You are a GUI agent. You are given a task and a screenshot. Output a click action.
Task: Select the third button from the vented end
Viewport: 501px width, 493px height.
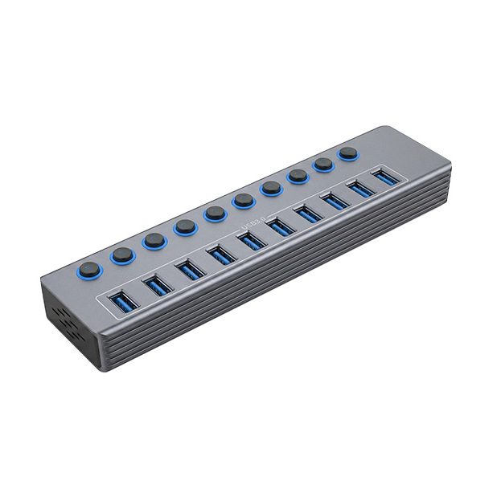click(152, 239)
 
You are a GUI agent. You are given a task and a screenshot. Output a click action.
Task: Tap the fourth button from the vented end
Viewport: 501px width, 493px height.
click(184, 226)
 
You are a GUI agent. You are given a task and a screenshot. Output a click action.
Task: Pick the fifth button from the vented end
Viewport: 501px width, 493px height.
click(214, 213)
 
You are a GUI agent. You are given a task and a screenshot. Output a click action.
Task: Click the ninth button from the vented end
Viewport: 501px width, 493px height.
click(323, 163)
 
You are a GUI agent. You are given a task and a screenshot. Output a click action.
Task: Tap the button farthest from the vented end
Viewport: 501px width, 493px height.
click(348, 153)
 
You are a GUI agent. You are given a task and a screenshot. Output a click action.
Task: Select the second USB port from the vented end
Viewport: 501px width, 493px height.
click(155, 283)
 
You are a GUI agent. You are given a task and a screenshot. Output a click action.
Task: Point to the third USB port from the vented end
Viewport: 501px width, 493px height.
click(189, 268)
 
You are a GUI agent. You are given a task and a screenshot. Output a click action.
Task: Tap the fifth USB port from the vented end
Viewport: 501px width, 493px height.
click(250, 239)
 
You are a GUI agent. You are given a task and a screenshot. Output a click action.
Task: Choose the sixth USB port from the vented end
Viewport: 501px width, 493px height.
click(278, 226)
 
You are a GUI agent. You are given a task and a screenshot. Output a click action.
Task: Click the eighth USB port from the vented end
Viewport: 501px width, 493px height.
click(333, 201)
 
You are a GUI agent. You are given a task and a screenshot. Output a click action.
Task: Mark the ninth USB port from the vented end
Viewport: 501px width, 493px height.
click(358, 189)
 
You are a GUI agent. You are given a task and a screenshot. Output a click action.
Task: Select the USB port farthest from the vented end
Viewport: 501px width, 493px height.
click(382, 177)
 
